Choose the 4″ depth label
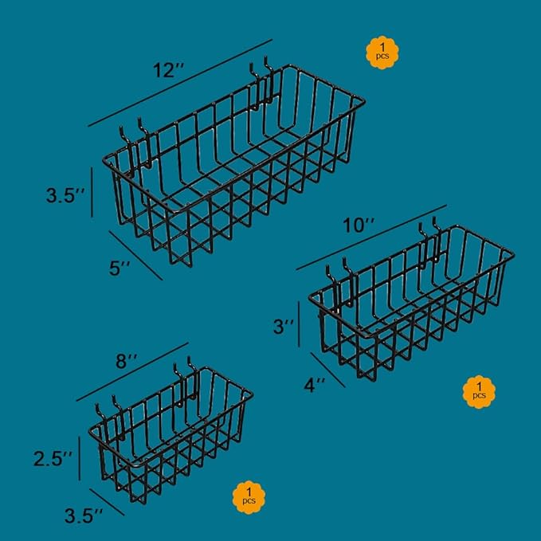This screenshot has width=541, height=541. pyautogui.click(x=314, y=386)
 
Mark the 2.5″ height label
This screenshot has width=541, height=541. pyautogui.click(x=53, y=459)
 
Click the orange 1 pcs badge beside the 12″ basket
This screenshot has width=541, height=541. pyautogui.click(x=383, y=51)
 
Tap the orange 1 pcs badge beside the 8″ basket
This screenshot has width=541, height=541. pyautogui.click(x=249, y=498)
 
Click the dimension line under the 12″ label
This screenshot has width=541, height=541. pyautogui.click(x=180, y=83)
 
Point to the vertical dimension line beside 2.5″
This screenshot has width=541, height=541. pyautogui.click(x=80, y=458)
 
